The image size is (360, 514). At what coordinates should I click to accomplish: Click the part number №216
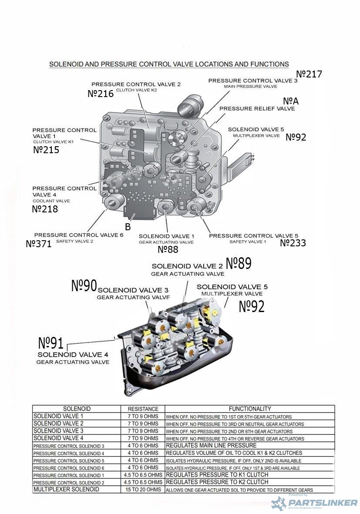tap(101, 94)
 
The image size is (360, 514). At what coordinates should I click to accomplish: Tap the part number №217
tap(309, 74)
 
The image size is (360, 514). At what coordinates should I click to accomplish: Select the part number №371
tap(39, 244)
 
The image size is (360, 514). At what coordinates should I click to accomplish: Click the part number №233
tap(293, 243)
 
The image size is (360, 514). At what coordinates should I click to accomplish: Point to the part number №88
tap(168, 249)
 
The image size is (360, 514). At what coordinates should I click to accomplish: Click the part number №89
tap(239, 263)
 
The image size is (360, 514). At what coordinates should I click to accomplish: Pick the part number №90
tap(84, 286)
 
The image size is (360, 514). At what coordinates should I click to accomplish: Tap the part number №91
tap(51, 343)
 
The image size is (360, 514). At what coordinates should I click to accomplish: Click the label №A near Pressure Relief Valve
tap(291, 101)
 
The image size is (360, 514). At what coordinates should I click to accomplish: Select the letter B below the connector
tap(128, 227)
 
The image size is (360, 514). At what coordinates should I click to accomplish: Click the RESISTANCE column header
tap(143, 409)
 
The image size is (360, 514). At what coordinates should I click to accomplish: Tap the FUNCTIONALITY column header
tap(250, 409)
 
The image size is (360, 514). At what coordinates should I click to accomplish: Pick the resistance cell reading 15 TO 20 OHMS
tap(143, 490)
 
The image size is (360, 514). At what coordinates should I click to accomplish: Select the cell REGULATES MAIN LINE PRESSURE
tap(211, 446)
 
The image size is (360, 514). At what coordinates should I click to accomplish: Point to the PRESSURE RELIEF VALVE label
tap(257, 108)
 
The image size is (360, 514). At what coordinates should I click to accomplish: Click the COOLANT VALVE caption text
tap(51, 201)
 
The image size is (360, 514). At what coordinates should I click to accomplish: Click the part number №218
tap(45, 209)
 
